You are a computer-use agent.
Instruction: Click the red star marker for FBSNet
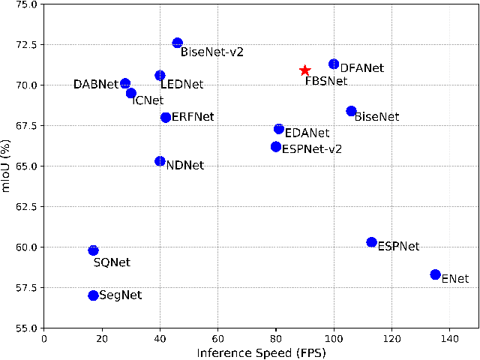304,70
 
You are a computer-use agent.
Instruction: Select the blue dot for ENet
435,274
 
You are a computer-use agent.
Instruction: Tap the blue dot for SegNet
93,295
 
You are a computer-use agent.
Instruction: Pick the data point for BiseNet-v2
177,43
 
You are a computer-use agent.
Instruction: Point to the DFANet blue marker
334,64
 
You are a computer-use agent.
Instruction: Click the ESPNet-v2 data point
276,147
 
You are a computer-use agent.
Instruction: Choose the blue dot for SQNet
93,250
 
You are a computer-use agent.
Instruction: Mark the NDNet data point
160,161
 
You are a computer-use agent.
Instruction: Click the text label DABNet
95,85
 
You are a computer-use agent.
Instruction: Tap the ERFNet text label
193,117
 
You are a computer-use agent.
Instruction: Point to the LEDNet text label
182,86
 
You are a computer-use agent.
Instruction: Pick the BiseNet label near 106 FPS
376,117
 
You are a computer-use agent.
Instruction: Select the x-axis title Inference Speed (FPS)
260,352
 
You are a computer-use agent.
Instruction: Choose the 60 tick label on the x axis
217,338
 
